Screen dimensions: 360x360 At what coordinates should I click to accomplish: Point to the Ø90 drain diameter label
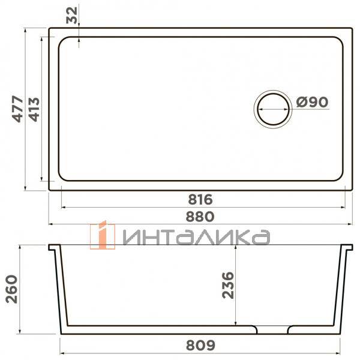click(x=311, y=103)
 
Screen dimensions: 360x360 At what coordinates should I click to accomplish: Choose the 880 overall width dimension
click(x=201, y=215)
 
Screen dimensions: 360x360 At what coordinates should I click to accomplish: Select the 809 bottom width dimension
click(x=201, y=346)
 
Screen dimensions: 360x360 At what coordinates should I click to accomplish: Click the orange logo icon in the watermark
click(x=102, y=236)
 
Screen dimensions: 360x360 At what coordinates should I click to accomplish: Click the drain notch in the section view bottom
click(x=273, y=330)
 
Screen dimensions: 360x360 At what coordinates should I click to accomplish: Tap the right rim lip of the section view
click(x=347, y=247)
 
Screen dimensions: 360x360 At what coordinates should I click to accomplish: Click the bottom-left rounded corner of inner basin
click(x=62, y=178)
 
